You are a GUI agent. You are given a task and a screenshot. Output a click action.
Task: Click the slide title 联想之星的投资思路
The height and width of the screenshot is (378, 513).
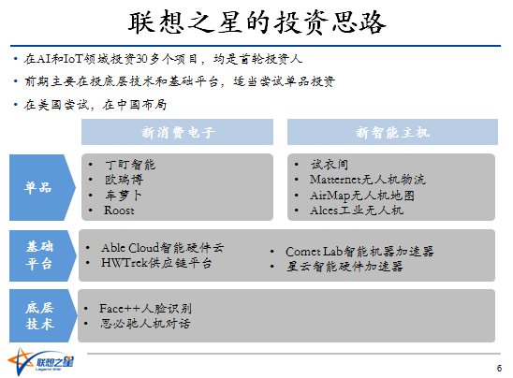[x=256, y=22]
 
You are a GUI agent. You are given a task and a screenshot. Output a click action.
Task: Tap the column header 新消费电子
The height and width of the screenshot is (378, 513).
[x=177, y=132]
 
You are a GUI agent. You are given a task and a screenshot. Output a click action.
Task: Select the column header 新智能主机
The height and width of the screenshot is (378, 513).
[x=392, y=132]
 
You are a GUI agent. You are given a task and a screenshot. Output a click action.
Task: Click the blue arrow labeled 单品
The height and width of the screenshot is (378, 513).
[x=42, y=187]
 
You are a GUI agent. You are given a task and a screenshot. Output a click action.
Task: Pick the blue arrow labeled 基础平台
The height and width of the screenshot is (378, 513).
[x=42, y=255]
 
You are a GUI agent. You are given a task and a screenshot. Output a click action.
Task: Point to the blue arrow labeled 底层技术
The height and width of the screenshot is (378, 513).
[x=42, y=315]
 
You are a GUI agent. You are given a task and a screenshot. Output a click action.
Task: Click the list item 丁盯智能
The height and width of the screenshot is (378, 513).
[x=130, y=165]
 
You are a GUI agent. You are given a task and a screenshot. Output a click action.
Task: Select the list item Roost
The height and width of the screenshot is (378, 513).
[x=119, y=211]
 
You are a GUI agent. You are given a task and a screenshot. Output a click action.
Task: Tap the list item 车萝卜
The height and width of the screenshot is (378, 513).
[x=124, y=196]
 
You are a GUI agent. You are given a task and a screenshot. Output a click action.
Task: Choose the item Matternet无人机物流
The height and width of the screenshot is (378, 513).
[x=367, y=180]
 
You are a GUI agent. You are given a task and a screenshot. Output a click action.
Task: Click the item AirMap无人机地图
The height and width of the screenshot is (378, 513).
[x=362, y=196]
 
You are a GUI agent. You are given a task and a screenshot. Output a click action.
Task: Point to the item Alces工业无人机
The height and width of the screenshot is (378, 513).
[x=357, y=211]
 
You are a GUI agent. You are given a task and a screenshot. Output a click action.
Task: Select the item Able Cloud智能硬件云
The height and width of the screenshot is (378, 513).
[x=163, y=248]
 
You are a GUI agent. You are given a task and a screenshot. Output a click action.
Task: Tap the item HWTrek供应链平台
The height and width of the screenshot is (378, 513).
[x=156, y=263]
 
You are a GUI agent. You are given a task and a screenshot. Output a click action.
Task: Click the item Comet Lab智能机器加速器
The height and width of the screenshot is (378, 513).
[x=359, y=252]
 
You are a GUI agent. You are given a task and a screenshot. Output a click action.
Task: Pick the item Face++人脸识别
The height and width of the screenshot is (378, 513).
[x=145, y=309]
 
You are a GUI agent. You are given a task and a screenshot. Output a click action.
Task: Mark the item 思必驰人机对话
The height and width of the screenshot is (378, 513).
[x=145, y=324]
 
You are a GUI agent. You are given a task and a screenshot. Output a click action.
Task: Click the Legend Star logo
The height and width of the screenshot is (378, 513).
[x=40, y=362]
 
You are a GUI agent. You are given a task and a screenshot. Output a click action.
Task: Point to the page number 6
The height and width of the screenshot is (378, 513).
[x=499, y=369]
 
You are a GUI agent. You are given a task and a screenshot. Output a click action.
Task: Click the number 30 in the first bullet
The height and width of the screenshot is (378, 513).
[x=141, y=59]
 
